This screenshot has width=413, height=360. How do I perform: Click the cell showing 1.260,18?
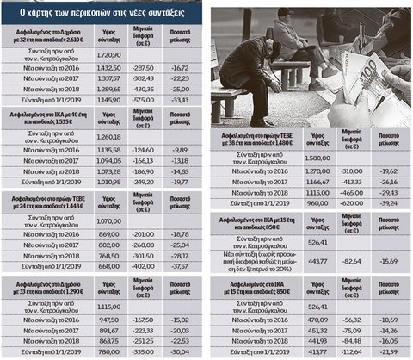tap(113, 136)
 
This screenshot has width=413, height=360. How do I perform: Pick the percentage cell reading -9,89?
tap(180, 148)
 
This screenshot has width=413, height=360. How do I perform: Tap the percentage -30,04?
tap(180, 351)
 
